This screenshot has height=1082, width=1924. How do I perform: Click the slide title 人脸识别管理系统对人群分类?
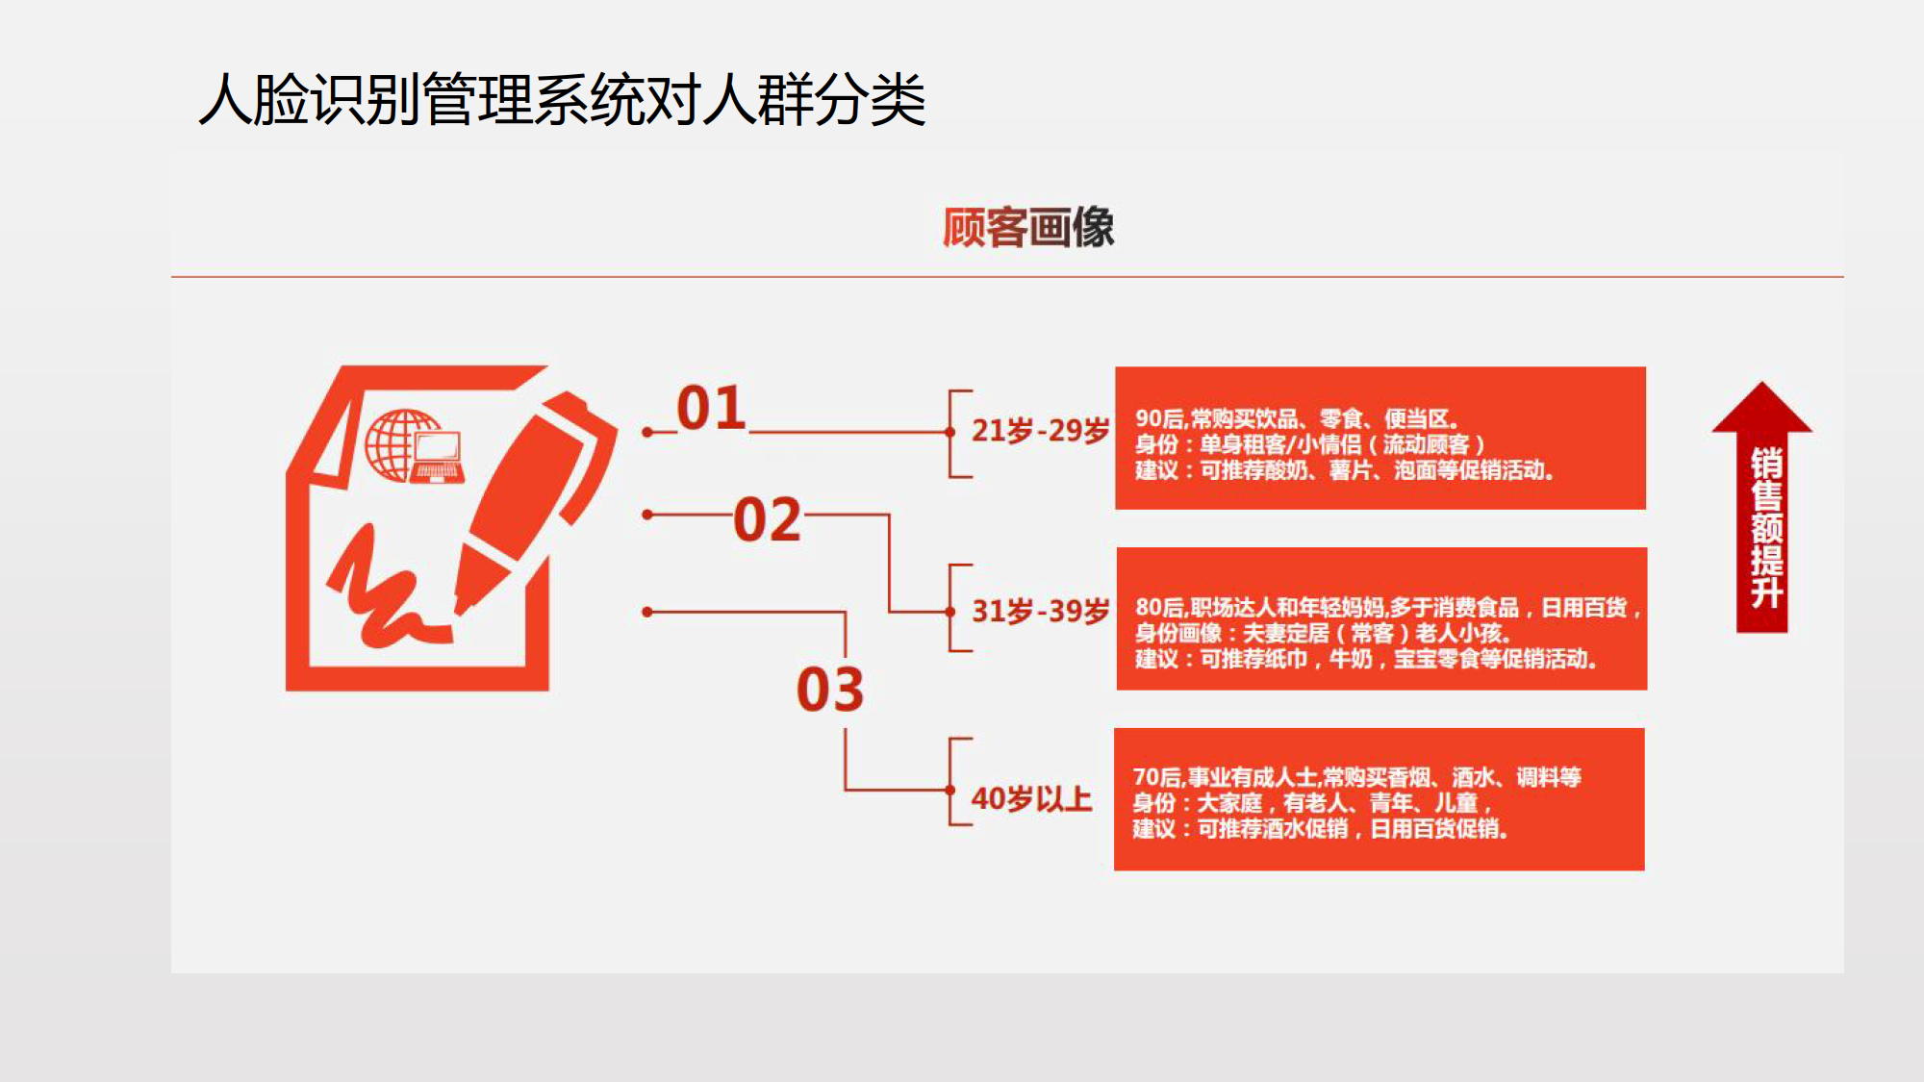click(562, 100)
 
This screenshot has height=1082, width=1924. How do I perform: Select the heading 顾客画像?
click(1027, 228)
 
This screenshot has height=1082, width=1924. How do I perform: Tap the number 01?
click(711, 408)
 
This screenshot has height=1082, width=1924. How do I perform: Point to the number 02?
click(767, 520)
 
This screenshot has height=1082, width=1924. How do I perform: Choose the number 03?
click(830, 690)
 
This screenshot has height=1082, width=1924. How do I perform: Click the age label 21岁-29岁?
click(1040, 430)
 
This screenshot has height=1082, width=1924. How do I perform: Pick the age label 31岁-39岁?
click(1040, 611)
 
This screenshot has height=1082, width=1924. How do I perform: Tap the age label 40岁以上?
click(1031, 798)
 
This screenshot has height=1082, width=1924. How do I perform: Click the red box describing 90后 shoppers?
click(1380, 438)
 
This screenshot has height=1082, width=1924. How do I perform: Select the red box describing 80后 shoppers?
click(1381, 618)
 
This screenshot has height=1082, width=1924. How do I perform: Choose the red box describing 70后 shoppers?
click(1380, 799)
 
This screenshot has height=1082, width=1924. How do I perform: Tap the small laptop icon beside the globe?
click(439, 457)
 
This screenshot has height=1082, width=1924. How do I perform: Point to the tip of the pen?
click(462, 606)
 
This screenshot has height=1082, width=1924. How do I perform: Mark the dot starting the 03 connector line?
click(647, 612)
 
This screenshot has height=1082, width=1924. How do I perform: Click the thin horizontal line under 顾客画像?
click(1007, 277)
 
